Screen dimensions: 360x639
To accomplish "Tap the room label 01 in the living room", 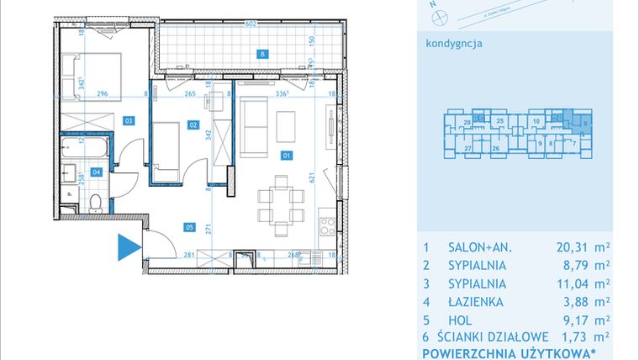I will pos(286,156).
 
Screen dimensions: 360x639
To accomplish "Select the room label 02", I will pos(193,125).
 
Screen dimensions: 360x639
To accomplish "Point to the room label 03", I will pos(129,120).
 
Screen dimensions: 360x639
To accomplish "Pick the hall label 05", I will pos(189,225).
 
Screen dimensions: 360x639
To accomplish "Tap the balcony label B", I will pos(263,55).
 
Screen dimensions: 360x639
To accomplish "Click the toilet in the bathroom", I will pos(97,201).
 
